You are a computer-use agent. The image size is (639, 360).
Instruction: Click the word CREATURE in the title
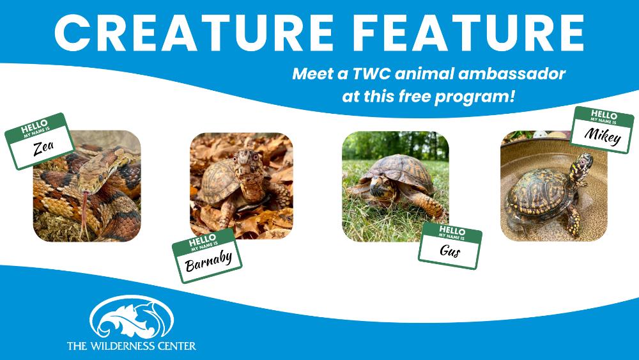pyautogui.click(x=194, y=33)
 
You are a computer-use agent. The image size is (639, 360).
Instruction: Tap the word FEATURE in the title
pyautogui.click(x=468, y=33)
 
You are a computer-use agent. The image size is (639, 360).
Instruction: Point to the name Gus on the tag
pyautogui.click(x=450, y=250)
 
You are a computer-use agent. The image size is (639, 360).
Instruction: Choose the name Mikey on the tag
pyautogui.click(x=603, y=136)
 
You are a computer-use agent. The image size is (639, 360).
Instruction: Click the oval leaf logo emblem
pyautogui.click(x=132, y=317)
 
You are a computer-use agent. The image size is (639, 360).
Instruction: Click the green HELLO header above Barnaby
pyautogui.click(x=203, y=241)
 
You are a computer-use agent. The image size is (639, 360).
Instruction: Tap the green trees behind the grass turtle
pyautogui.click(x=396, y=146)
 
